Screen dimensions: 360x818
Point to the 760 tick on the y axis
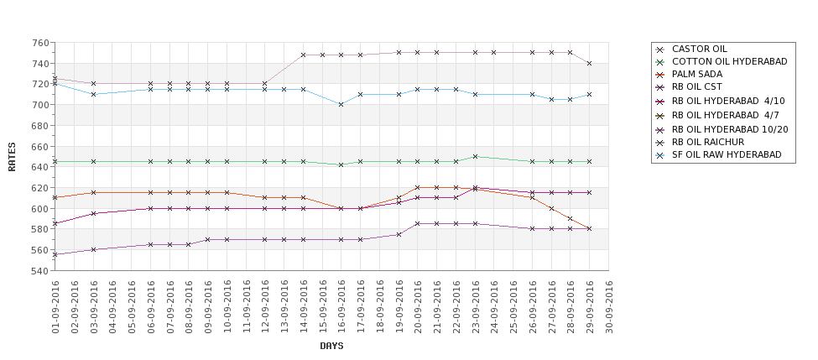(39, 43)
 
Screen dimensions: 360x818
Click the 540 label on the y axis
(39, 271)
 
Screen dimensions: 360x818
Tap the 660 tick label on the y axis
(39, 147)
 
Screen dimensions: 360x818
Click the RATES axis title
(12, 157)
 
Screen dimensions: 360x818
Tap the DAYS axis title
(331, 346)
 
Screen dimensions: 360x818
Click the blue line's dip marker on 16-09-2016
(341, 105)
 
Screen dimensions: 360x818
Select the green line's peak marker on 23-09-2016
(475, 156)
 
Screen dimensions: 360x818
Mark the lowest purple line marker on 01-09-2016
(55, 255)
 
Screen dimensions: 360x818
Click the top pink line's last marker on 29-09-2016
(590, 64)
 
